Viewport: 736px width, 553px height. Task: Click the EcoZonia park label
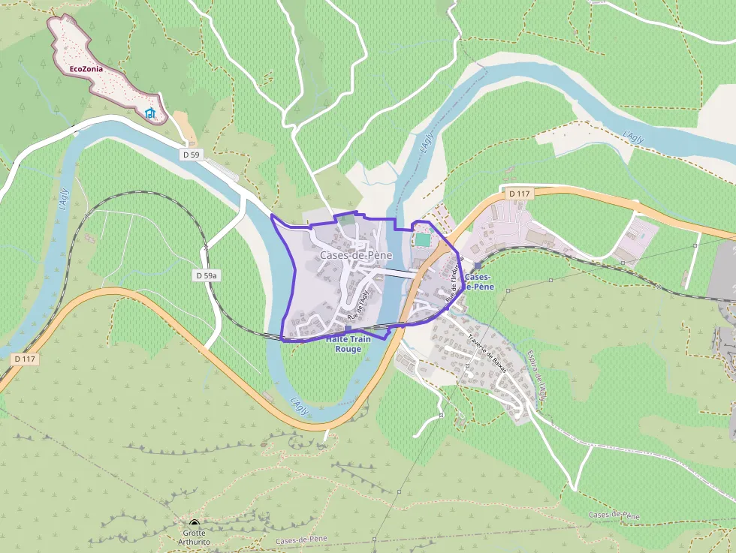pos(86,69)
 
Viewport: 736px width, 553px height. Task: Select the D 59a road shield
pos(206,275)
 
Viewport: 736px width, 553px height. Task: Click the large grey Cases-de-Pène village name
pos(356,255)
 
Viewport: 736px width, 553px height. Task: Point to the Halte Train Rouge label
pos(348,344)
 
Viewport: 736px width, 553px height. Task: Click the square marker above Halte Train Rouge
pos(348,329)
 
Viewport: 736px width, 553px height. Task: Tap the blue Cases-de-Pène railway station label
pos(479,281)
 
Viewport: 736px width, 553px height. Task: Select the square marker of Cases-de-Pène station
pos(478,266)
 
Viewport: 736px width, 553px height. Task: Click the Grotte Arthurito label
pos(194,537)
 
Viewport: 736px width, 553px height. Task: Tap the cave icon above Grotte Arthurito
pos(195,524)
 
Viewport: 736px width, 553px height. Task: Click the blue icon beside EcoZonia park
pos(150,114)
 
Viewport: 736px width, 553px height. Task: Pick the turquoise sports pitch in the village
pos(424,239)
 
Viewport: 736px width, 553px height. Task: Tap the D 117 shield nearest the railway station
pos(519,194)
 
